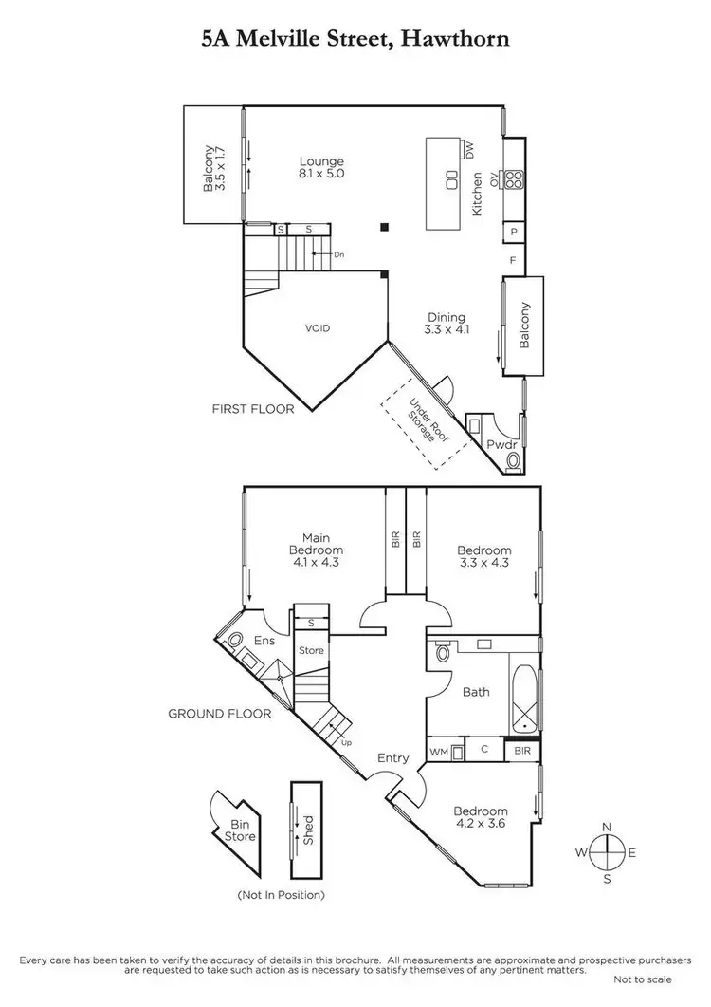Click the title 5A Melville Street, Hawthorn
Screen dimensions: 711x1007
355,39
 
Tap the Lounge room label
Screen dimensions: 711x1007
321,161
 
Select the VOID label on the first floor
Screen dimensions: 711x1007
317,328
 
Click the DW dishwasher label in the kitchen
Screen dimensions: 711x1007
468,148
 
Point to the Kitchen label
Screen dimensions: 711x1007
478,194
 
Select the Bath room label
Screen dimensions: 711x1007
476,692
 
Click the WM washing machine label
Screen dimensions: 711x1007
438,752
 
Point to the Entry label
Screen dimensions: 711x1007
392,757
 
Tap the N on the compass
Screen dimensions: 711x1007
607,826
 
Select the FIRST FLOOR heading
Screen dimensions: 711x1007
253,409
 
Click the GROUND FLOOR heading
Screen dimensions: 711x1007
220,714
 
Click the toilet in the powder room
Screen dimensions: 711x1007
514,460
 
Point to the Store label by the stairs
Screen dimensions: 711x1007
311,651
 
